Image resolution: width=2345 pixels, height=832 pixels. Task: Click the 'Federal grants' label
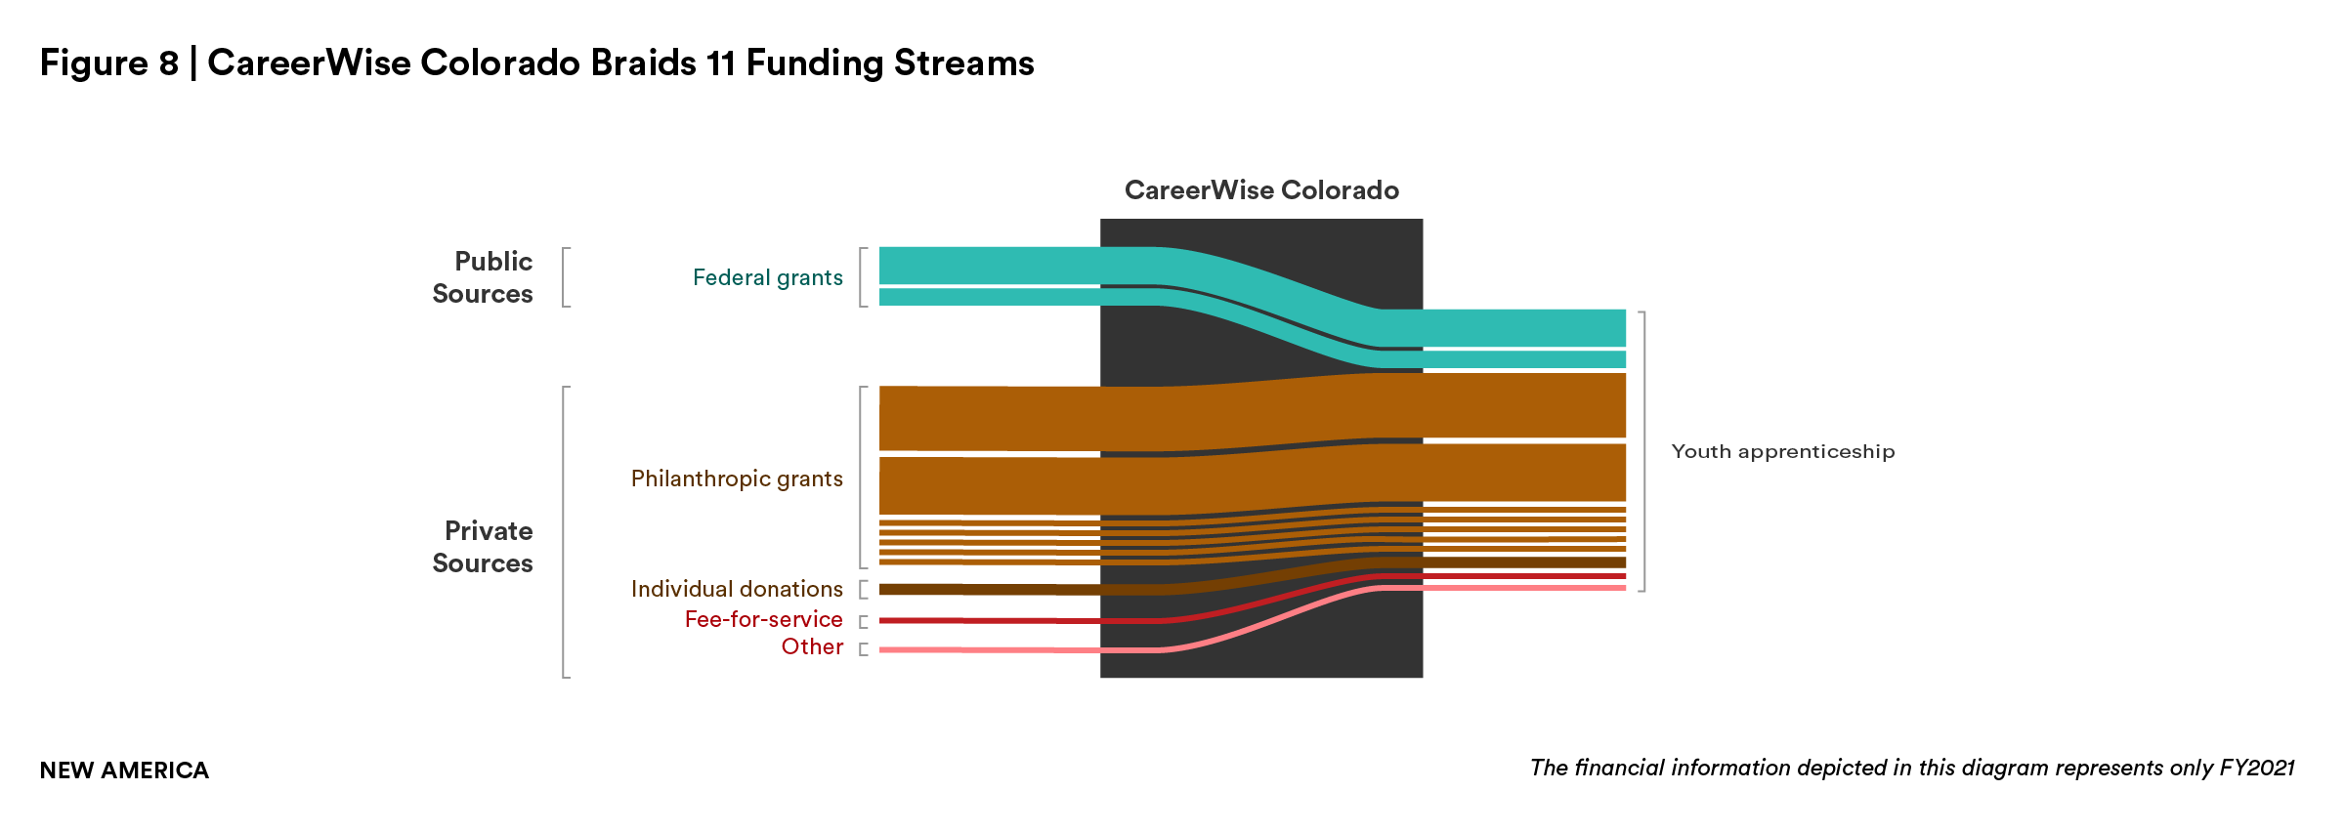pyautogui.click(x=767, y=278)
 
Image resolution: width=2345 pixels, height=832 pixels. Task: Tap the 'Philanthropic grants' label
pyautogui.click(x=736, y=478)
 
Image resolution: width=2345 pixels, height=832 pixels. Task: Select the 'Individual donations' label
pyautogui.click(x=736, y=589)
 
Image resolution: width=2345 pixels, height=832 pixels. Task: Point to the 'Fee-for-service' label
pyautogui.click(x=763, y=619)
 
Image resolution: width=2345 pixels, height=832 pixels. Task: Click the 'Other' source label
pyautogui.click(x=811, y=646)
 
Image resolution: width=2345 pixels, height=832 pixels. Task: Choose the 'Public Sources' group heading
pyautogui.click(x=484, y=277)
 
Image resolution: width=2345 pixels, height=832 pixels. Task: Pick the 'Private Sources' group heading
pyautogui.click(x=484, y=547)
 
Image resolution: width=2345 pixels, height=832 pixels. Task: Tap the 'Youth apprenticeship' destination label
pyautogui.click(x=1782, y=451)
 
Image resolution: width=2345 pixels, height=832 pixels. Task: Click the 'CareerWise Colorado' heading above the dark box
pyautogui.click(x=1261, y=190)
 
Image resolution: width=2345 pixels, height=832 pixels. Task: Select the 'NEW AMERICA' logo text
pyautogui.click(x=124, y=770)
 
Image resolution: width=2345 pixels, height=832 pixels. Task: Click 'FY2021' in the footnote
pyautogui.click(x=2256, y=768)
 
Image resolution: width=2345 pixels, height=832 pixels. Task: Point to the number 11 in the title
pyautogui.click(x=720, y=63)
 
